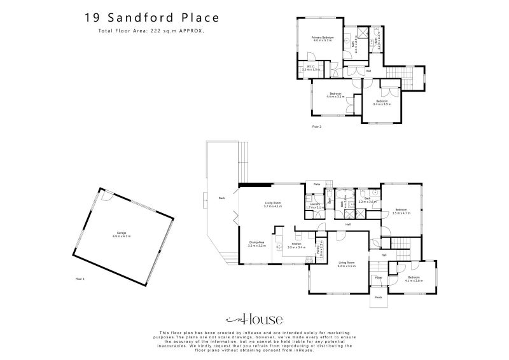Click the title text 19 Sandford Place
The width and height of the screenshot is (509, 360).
coord(145,18)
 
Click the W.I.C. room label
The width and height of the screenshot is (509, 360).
coord(311,67)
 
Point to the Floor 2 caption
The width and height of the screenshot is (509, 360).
coord(317,127)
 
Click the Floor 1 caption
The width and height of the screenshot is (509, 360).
coord(80,279)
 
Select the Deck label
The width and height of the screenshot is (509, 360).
coord(221,197)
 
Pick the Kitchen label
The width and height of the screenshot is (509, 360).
coord(296,245)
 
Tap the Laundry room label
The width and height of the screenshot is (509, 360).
coord(315,205)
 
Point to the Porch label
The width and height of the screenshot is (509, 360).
coord(378,297)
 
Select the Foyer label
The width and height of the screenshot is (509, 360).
coord(378,278)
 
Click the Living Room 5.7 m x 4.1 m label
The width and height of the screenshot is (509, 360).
coord(274,205)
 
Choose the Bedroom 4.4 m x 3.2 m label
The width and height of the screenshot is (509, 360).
coord(335,95)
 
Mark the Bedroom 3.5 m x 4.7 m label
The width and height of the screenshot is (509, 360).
coord(401,212)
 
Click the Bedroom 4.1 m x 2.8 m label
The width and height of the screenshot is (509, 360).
coord(414,279)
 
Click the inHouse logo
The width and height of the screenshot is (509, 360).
coord(254,319)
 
